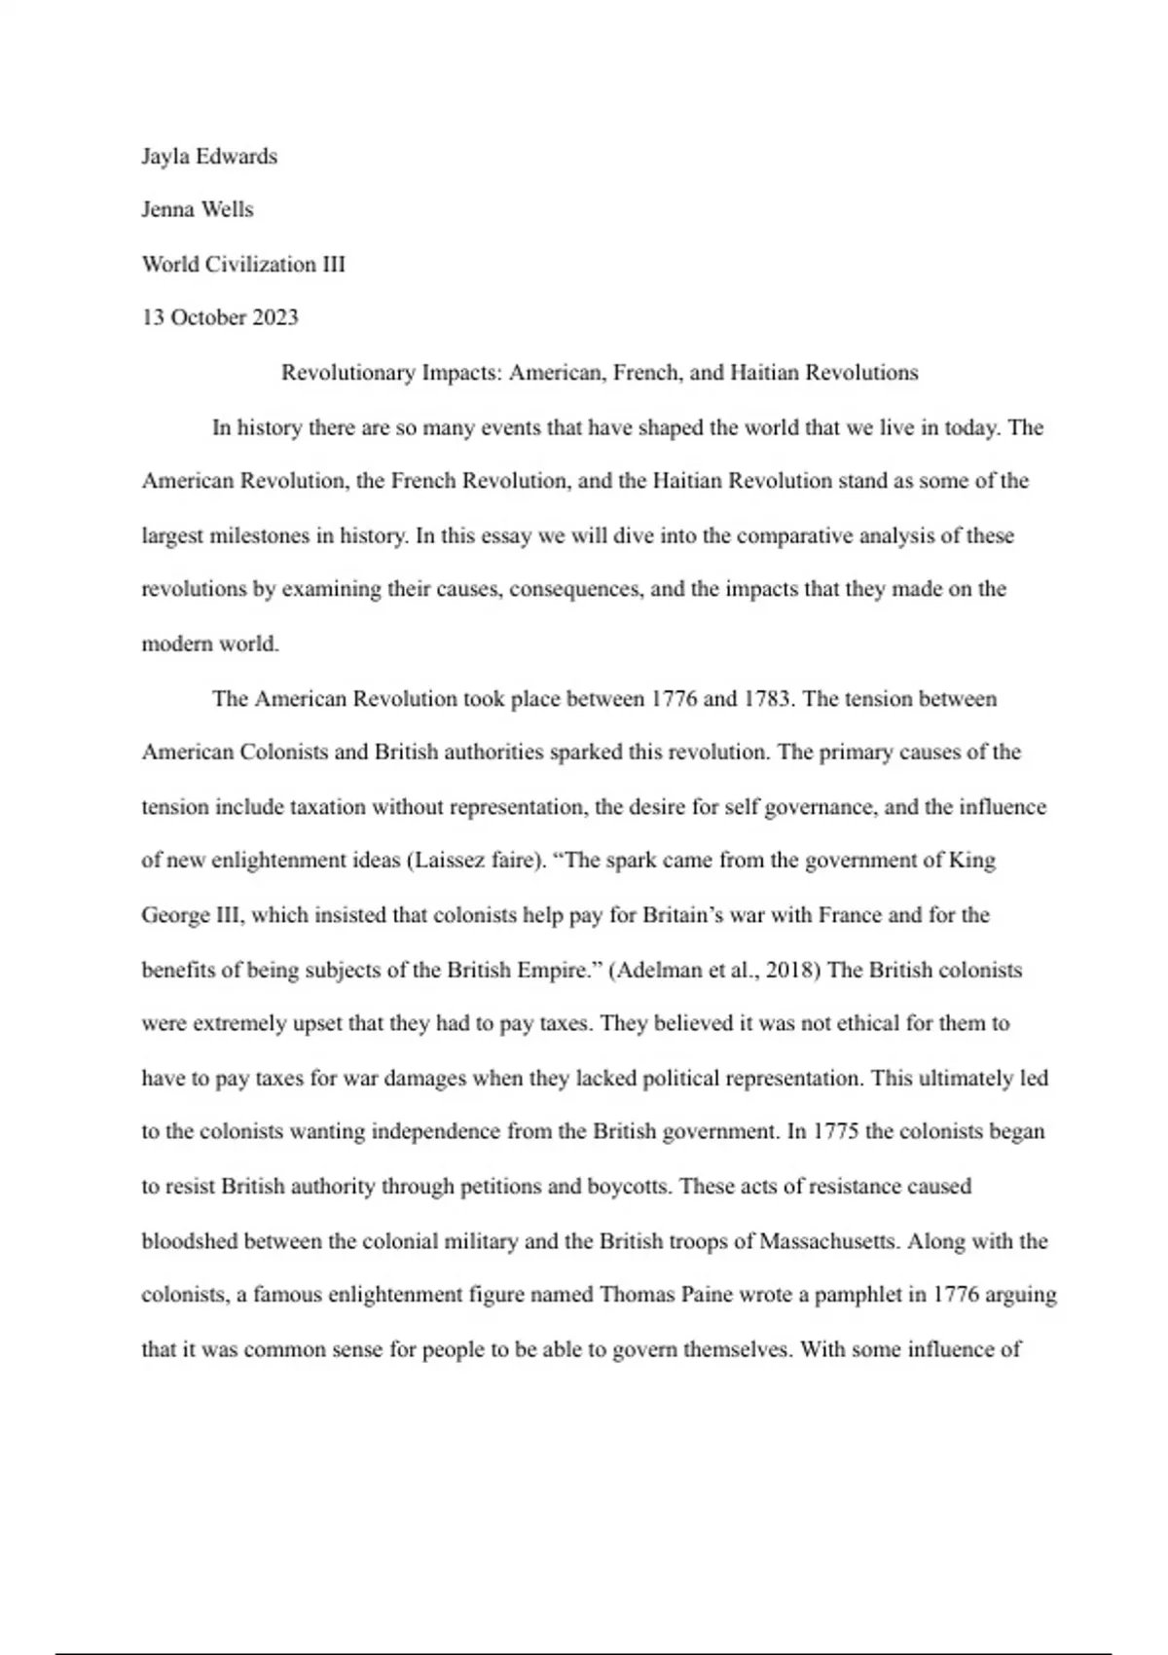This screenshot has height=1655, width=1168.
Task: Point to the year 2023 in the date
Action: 275,317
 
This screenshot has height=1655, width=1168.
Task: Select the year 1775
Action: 836,1131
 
